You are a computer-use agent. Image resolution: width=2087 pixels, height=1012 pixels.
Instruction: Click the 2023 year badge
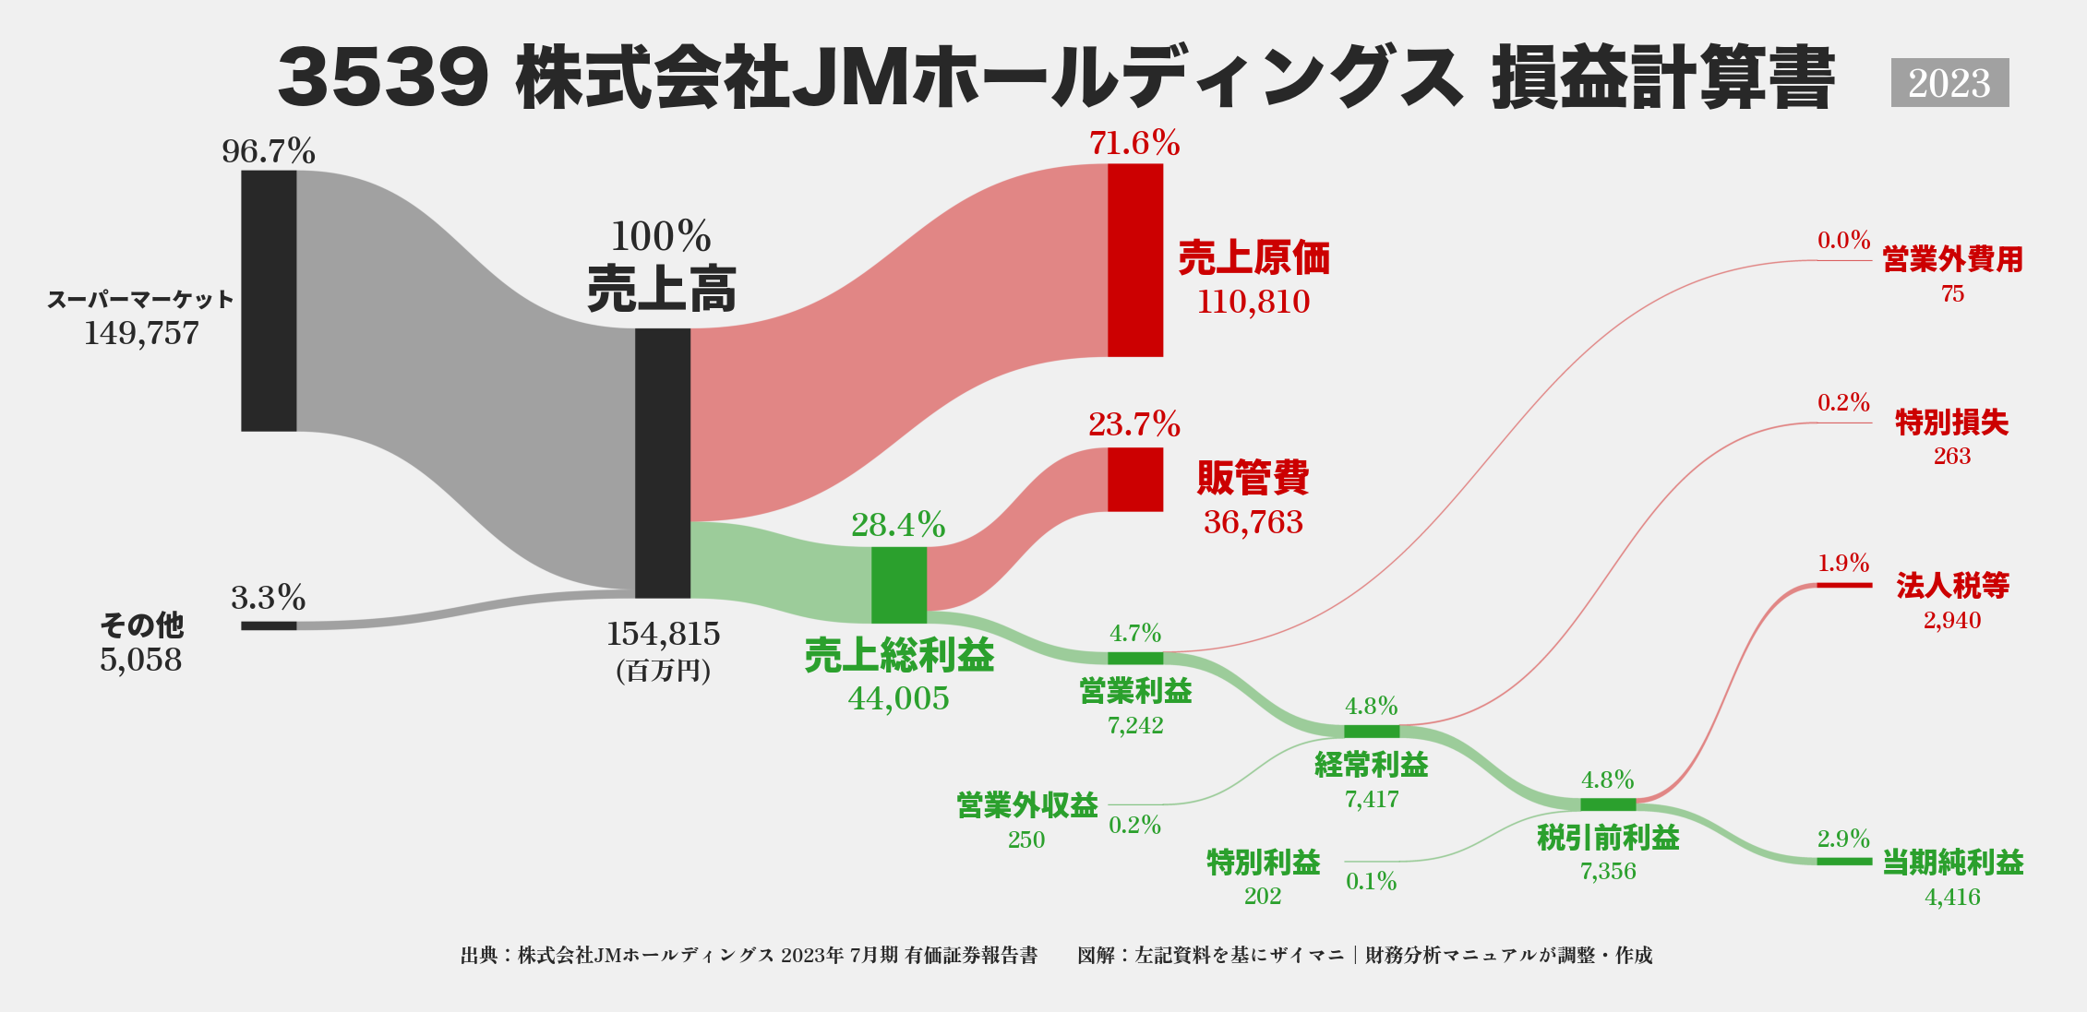(1949, 83)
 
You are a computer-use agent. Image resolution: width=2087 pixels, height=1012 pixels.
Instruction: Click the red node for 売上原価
(1135, 260)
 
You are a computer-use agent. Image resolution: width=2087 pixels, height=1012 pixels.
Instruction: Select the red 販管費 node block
(1135, 480)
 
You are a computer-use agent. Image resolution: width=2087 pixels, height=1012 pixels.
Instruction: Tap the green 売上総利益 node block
(899, 585)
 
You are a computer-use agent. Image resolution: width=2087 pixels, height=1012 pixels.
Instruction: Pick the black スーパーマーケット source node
(269, 301)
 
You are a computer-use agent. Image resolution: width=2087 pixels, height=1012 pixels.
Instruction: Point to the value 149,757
(141, 333)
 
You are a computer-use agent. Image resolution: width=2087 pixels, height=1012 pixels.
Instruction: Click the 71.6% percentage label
(1134, 143)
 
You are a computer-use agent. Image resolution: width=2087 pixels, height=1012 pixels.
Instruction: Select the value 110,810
(1253, 302)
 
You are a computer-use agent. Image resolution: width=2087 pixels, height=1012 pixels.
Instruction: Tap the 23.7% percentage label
(1134, 424)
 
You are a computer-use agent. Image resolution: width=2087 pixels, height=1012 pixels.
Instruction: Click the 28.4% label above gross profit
(898, 525)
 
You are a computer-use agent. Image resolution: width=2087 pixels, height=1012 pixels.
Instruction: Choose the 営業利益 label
(1135, 691)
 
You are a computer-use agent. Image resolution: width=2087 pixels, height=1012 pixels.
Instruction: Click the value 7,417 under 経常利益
(1372, 799)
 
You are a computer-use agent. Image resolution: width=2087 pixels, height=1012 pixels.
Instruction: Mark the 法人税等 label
(1952, 585)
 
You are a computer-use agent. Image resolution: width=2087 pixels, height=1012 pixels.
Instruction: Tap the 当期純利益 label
(1952, 863)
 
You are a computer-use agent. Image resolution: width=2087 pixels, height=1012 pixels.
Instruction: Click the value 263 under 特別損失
(1951, 457)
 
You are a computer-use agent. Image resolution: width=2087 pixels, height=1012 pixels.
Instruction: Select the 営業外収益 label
(1026, 805)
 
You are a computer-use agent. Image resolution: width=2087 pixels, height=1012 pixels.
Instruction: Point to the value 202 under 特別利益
(1262, 896)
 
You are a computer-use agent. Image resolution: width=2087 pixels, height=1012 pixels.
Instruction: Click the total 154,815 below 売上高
(663, 634)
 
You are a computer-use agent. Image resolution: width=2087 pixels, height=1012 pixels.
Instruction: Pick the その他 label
(141, 625)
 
